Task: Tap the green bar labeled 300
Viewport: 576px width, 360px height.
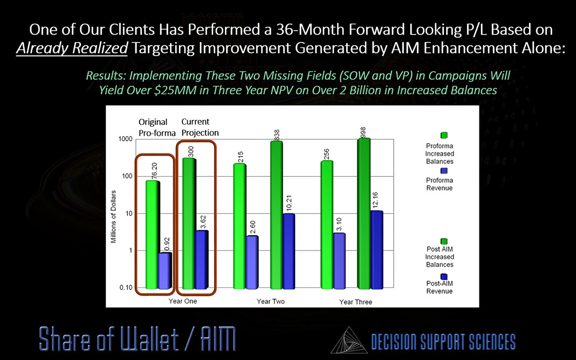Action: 189,223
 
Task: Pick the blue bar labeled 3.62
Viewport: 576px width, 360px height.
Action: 201,260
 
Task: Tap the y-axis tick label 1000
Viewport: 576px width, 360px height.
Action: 126,140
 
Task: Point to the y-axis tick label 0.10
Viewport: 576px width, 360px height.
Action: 126,288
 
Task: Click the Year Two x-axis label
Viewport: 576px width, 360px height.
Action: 270,301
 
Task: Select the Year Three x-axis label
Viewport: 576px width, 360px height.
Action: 355,302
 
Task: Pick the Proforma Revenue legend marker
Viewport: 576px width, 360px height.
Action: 444,170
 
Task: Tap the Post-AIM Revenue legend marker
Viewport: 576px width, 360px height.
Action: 444,276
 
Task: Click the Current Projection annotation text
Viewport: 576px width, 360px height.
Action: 200,127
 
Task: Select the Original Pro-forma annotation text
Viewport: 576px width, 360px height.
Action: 153,127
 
